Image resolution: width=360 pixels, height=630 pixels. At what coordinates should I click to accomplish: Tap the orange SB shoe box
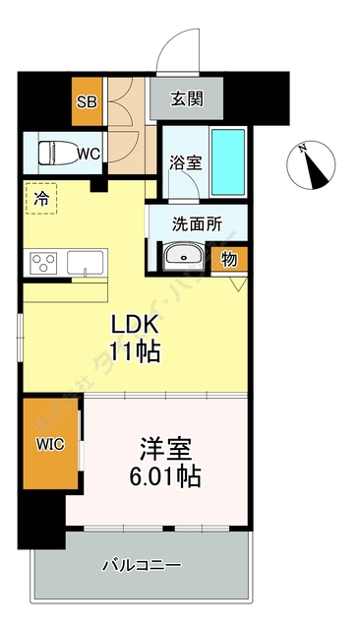[x=86, y=102]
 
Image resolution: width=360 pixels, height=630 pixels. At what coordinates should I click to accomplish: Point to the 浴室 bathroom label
[x=185, y=162]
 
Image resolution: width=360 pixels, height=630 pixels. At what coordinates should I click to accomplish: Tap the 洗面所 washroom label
[x=197, y=223]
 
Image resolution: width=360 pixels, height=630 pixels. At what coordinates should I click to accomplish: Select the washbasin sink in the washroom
[x=184, y=257]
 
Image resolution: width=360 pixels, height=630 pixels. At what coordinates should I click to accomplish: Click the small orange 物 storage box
[x=229, y=260]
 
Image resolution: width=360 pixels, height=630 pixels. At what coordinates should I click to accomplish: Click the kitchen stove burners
[x=43, y=263]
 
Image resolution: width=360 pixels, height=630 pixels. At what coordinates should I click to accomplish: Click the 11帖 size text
[x=135, y=351]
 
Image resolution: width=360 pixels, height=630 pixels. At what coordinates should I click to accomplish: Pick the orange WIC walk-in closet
[x=50, y=444]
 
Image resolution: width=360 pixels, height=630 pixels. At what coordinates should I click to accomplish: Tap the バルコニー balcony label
[x=143, y=566]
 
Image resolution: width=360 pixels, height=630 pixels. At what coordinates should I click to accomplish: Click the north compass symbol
[x=313, y=164]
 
